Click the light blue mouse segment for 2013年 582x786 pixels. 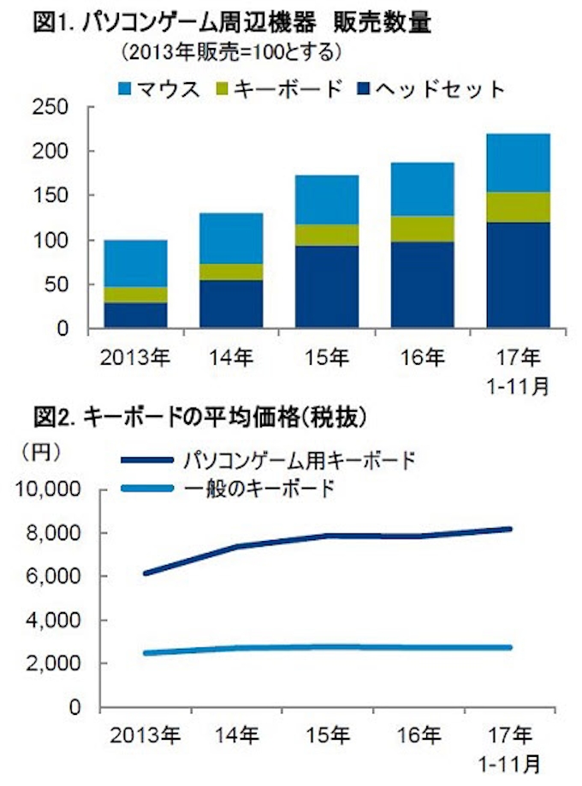[135, 263]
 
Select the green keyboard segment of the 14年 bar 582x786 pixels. [231, 271]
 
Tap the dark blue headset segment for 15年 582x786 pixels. [327, 287]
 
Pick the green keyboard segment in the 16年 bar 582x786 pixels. [423, 229]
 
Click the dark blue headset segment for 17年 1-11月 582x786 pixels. [519, 275]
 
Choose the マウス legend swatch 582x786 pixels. [122, 87]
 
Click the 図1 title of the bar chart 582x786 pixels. [231, 23]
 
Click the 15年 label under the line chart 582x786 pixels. [327, 734]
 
